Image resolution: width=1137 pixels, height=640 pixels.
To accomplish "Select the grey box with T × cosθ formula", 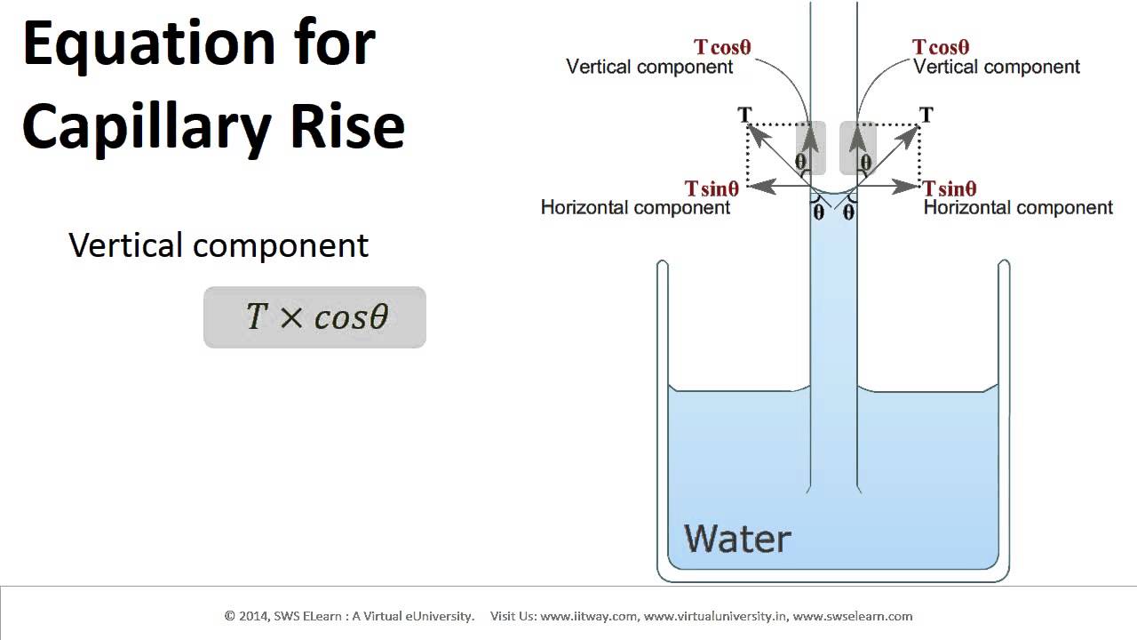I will [x=314, y=317].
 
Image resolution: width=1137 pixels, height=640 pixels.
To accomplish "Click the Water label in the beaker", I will [x=737, y=539].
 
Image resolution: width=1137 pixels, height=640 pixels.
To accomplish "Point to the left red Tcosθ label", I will [x=722, y=47].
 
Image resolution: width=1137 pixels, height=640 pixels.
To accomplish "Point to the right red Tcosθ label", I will [x=941, y=47].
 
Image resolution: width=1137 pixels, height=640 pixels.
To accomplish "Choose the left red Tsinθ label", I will [x=712, y=188].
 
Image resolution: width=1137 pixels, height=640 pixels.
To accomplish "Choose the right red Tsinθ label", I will [x=950, y=188].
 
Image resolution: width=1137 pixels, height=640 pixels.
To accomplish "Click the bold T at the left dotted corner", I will [x=744, y=115].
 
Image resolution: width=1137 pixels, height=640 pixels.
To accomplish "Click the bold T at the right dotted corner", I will [x=926, y=115].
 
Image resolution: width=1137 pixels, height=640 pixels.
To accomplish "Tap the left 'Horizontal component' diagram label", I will [x=635, y=208].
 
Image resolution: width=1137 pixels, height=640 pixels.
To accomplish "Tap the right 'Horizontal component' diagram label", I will [x=1018, y=208].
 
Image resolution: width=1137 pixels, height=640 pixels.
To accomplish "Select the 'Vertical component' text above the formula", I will [x=219, y=245].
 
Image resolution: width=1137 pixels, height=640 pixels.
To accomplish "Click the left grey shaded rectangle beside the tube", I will [x=810, y=148].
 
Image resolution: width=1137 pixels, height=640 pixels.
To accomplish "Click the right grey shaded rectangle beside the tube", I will [x=858, y=148].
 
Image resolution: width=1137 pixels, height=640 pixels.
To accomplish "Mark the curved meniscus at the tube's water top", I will [x=833, y=194].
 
